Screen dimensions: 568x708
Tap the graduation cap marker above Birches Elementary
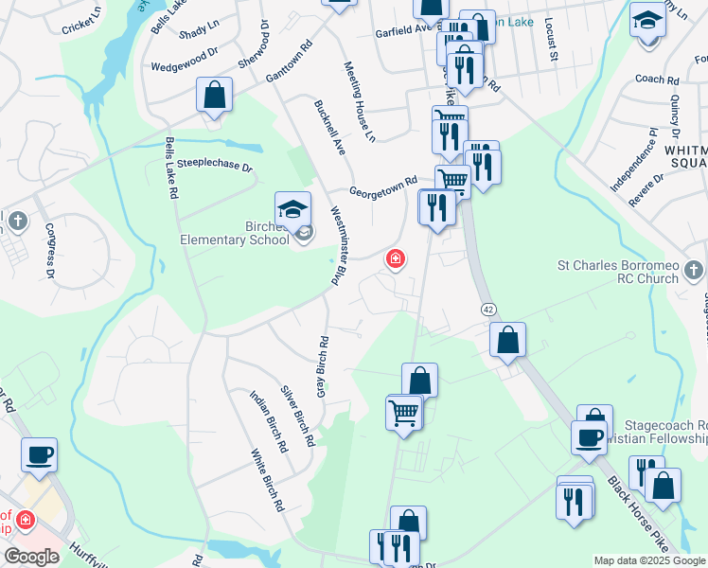pos(293,209)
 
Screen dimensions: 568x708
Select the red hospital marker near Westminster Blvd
pos(395,258)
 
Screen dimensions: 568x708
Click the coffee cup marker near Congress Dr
pos(39,455)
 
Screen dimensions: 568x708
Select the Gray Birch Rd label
pos(323,367)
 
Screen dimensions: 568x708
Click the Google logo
pos(31,557)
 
